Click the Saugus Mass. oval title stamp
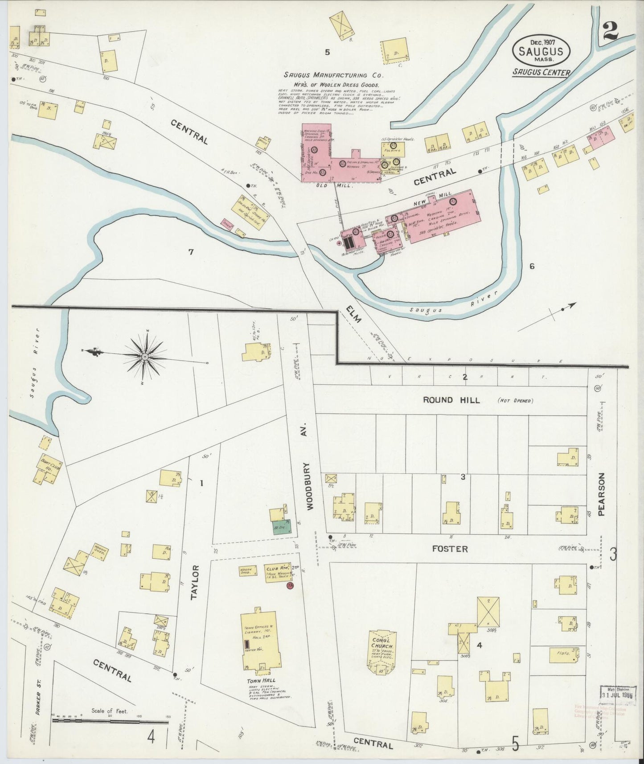(x=541, y=50)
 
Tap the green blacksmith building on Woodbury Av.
(x=282, y=527)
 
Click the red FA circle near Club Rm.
(x=291, y=585)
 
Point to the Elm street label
(x=355, y=315)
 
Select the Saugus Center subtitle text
(x=541, y=73)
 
